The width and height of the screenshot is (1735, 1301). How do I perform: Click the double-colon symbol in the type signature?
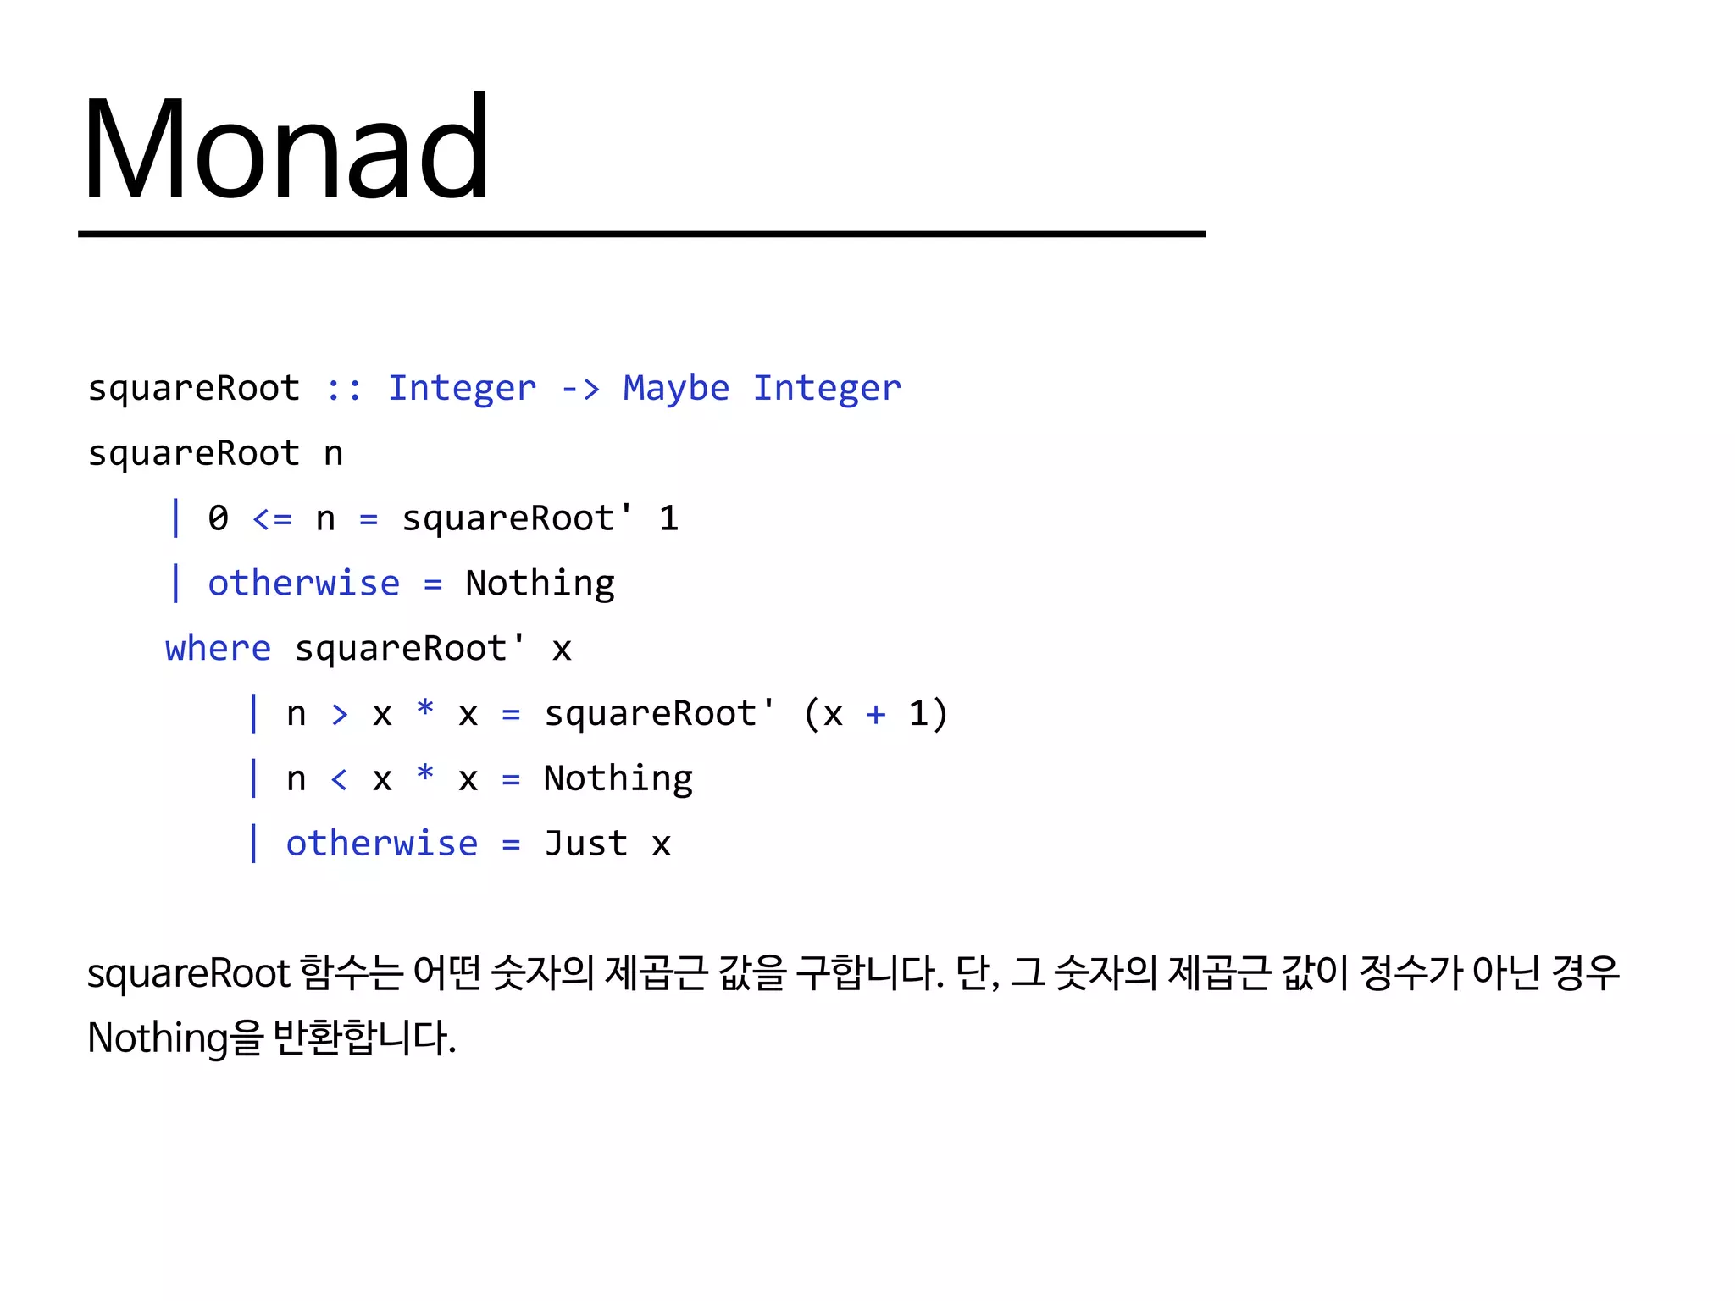(344, 389)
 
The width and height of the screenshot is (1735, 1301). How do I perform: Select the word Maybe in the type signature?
(675, 389)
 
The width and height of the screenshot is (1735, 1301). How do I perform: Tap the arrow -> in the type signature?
(580, 389)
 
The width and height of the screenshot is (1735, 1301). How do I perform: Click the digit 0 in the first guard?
(218, 518)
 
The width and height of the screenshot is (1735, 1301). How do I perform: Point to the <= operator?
(272, 518)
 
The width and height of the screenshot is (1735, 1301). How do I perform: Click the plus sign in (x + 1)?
(875, 714)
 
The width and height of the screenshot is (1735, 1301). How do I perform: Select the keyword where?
(218, 649)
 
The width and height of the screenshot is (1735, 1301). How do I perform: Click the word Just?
(585, 844)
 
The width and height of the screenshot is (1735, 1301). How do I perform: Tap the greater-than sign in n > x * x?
(339, 714)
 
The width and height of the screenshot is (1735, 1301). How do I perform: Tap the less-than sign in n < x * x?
(339, 779)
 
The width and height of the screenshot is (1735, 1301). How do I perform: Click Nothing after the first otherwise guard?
(540, 584)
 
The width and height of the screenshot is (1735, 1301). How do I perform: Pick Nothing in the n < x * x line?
(618, 779)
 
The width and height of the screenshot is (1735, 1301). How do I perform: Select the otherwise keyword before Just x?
(381, 844)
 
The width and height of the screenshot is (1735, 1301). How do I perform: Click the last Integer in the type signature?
(827, 389)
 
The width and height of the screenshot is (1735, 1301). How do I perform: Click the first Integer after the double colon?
(462, 389)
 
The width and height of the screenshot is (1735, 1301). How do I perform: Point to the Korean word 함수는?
(351, 972)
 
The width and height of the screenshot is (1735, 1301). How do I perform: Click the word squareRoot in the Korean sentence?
(189, 974)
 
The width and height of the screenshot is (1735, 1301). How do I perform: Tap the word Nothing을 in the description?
(175, 1038)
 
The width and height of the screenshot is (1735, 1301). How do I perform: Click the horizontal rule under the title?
(641, 234)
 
